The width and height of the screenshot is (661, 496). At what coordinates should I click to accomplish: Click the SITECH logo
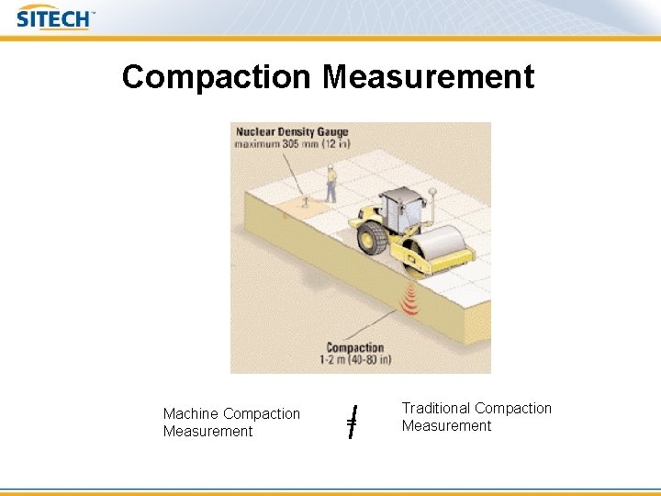click(54, 17)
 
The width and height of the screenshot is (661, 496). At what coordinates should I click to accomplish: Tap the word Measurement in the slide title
click(428, 76)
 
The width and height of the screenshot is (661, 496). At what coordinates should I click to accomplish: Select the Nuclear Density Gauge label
click(291, 132)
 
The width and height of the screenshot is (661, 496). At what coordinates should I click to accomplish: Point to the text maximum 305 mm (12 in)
click(291, 145)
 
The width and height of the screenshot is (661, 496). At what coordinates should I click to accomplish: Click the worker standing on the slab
click(330, 183)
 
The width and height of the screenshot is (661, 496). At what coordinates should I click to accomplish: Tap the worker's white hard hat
click(330, 168)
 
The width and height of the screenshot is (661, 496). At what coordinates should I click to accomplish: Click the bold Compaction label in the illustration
click(354, 348)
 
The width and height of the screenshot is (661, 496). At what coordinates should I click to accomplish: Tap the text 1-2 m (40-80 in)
click(353, 360)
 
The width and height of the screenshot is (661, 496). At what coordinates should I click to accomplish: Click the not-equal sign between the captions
click(352, 422)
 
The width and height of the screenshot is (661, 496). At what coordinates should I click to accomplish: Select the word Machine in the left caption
click(191, 414)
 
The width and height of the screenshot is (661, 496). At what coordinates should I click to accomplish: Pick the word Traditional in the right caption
click(436, 408)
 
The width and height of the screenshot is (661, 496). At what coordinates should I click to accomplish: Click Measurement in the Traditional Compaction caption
click(446, 426)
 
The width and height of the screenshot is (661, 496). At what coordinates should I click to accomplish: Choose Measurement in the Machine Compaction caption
click(207, 432)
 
